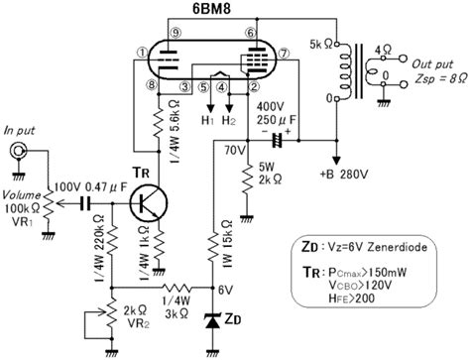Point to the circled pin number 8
click(x=150, y=85)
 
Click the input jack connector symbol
click(x=18, y=152)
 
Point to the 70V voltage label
click(x=231, y=150)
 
